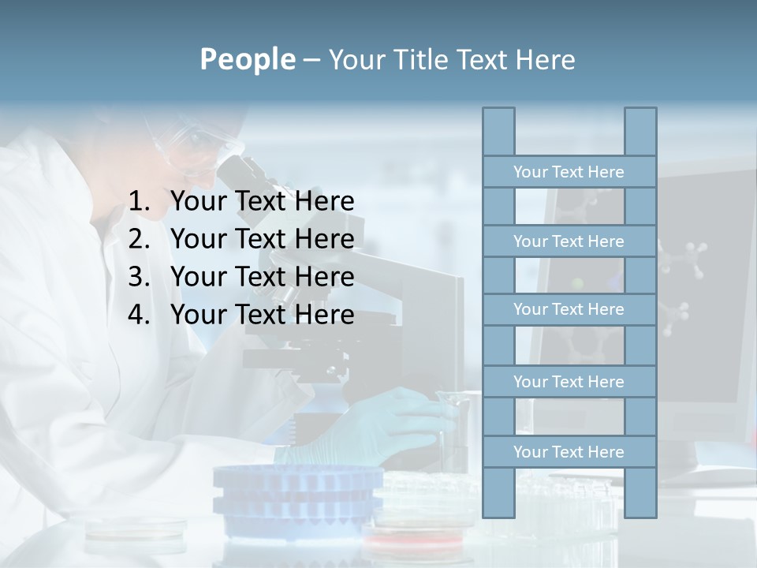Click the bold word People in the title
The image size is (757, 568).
(247, 59)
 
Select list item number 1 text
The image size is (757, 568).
(262, 202)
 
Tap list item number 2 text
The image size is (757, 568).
(262, 239)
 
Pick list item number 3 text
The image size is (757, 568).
(262, 277)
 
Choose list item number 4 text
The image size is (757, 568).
(262, 315)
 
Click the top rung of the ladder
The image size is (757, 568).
(569, 172)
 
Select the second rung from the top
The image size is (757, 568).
(569, 241)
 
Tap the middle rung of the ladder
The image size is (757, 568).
(569, 309)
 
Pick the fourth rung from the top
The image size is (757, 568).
(569, 382)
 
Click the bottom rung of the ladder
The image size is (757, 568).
(569, 452)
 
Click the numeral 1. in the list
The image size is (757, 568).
(139, 202)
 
